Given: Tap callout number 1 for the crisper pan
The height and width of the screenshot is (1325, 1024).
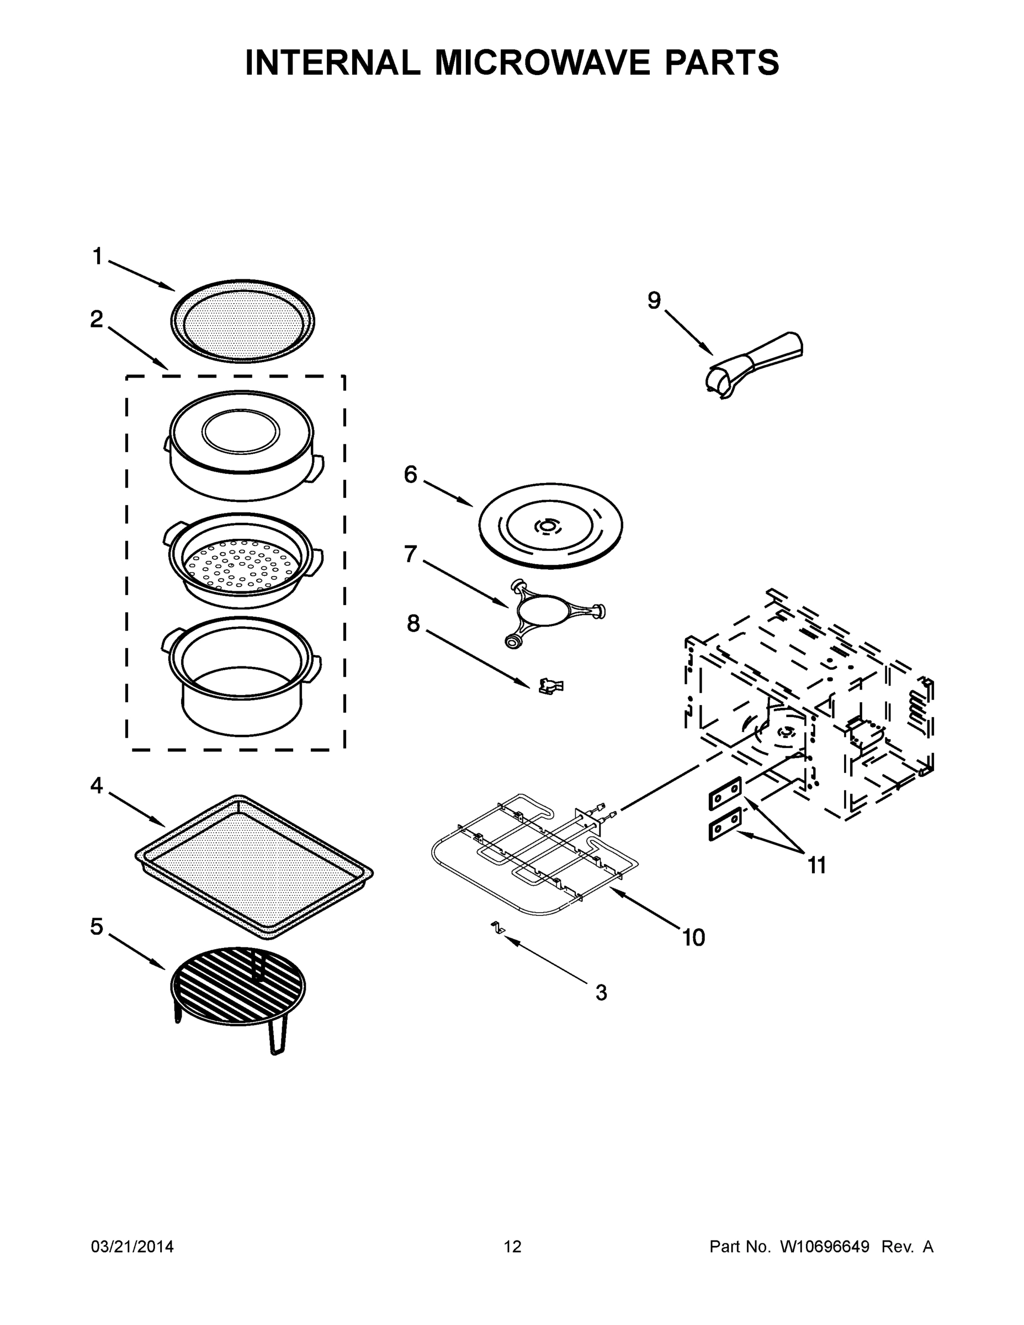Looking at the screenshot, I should pyautogui.click(x=97, y=257).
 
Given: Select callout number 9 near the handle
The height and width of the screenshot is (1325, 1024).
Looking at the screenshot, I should pyautogui.click(x=654, y=300).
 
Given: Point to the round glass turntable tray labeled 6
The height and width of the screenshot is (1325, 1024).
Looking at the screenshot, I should pyautogui.click(x=550, y=526).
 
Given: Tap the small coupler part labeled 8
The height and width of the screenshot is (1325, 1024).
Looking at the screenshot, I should pyautogui.click(x=550, y=686).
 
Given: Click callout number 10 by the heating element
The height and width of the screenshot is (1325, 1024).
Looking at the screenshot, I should pyautogui.click(x=693, y=937).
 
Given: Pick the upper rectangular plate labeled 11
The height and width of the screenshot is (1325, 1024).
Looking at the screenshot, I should pyautogui.click(x=725, y=792).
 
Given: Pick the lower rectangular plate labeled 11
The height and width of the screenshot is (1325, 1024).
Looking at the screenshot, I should pyautogui.click(x=725, y=823).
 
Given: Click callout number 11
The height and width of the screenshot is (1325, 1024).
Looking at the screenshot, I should pyautogui.click(x=816, y=865).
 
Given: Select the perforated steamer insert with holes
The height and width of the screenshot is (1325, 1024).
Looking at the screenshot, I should pyautogui.click(x=241, y=561).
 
